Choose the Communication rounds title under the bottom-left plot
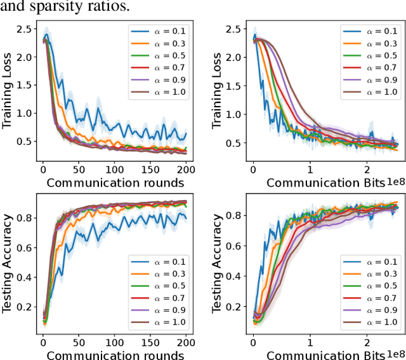pyautogui.click(x=115, y=354)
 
